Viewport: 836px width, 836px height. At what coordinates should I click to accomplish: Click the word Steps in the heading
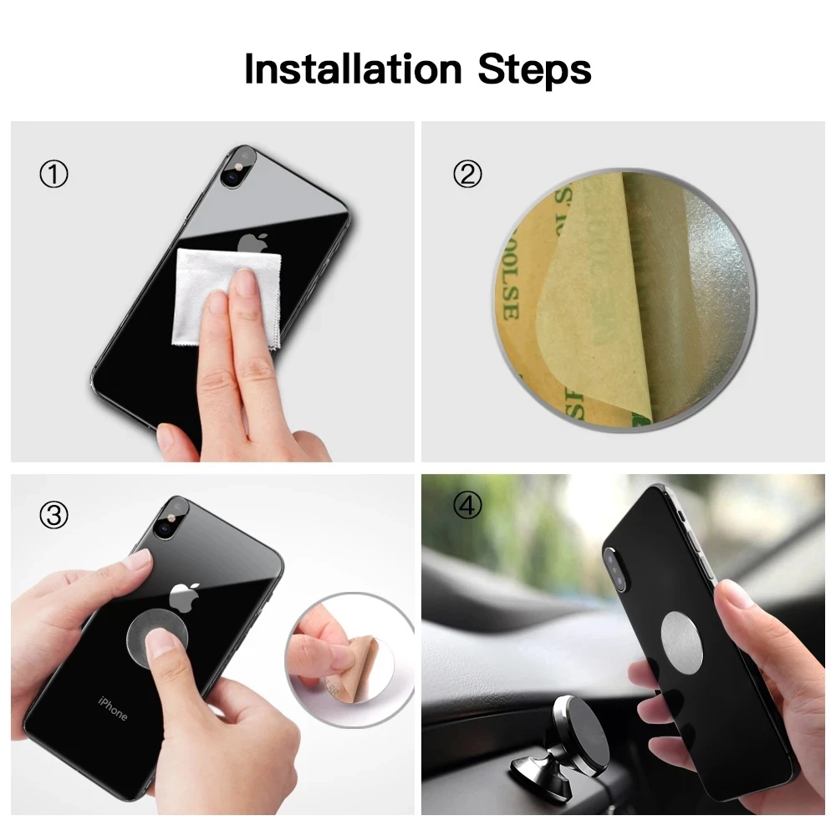pyautogui.click(x=534, y=70)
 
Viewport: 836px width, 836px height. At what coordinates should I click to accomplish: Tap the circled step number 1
pyautogui.click(x=54, y=175)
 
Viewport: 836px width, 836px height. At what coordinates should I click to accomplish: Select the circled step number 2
pyautogui.click(x=467, y=175)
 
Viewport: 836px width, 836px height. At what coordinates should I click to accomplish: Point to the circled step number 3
pyautogui.click(x=54, y=516)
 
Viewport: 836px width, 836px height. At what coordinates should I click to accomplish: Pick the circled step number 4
pyautogui.click(x=467, y=507)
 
